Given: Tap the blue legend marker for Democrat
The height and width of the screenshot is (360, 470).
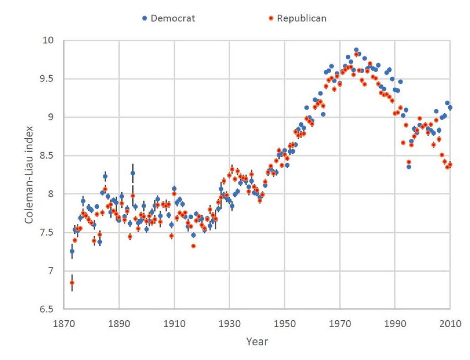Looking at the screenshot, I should [145, 18].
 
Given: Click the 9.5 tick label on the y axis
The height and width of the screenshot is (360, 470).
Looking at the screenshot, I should [46, 79].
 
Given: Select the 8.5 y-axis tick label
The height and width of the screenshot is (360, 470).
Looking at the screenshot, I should [46, 156].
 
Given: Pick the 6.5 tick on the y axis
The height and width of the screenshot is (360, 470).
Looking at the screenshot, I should [46, 309].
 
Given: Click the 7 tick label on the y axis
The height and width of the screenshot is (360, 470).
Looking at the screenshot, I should [50, 271].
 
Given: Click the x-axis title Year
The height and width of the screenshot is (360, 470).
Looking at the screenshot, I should [257, 341].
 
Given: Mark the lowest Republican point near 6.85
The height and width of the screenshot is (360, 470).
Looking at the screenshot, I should [72, 283].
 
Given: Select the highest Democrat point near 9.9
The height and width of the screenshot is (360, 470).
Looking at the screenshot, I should [356, 50].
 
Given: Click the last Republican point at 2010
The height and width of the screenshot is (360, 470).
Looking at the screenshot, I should [450, 164].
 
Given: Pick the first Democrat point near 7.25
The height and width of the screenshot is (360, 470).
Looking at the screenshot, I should [72, 251].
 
